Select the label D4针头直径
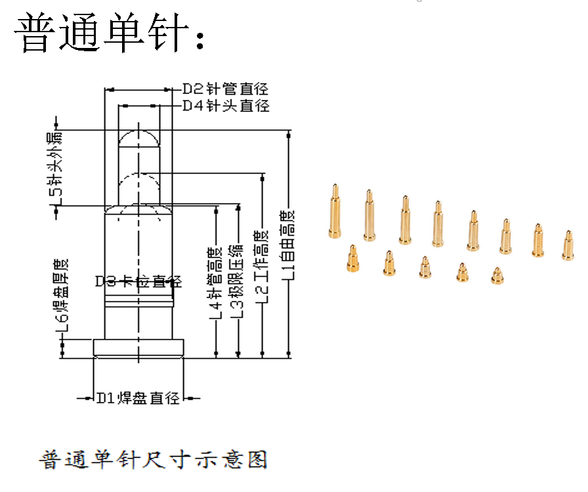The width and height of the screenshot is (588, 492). pos(225,106)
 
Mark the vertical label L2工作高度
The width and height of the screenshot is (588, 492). pos(262,266)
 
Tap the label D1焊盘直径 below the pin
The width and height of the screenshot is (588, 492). pos(138,398)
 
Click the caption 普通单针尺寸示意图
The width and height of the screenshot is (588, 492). pos(154,459)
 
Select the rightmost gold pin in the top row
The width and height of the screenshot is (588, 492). pos(567,245)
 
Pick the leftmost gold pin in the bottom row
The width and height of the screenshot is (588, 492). pos(352,258)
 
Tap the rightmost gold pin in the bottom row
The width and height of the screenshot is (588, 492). pos(497,275)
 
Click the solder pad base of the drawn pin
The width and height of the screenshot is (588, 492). pos(138,347)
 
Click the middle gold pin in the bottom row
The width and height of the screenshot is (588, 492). pos(425,267)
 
